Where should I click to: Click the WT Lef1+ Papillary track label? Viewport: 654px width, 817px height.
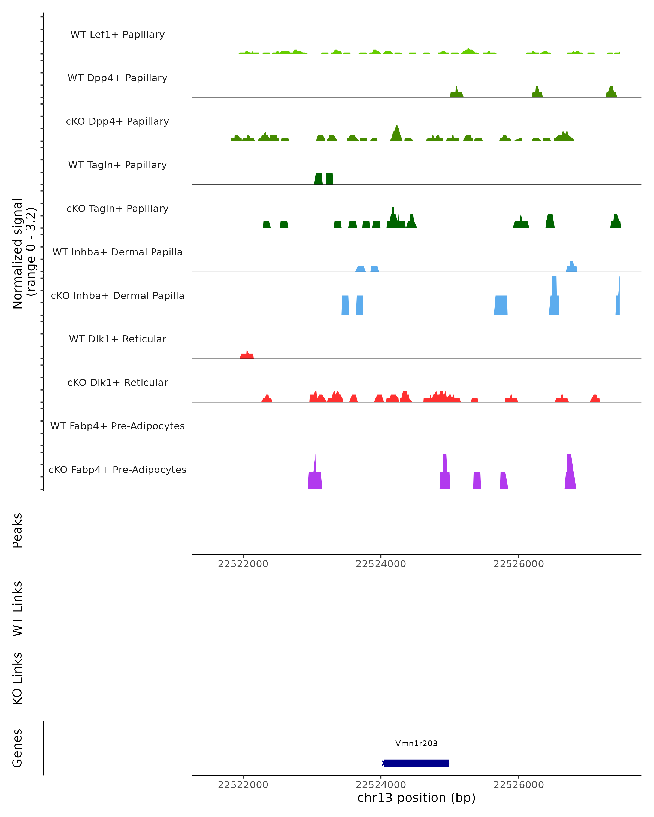pyautogui.click(x=117, y=35)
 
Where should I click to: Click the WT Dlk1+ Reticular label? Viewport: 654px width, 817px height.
pyautogui.click(x=117, y=339)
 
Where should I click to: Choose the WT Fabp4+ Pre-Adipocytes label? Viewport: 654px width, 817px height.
pyautogui.click(x=117, y=426)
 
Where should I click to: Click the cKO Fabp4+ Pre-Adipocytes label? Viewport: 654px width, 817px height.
pyautogui.click(x=117, y=470)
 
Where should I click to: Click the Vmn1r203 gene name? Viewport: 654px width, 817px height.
pyautogui.click(x=416, y=743)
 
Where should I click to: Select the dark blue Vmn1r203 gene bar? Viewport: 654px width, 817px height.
pyautogui.click(x=416, y=763)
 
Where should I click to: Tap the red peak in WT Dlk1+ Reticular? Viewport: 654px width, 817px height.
pyautogui.click(x=247, y=355)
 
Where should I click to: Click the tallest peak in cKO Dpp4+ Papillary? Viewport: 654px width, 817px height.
pyautogui.click(x=396, y=133)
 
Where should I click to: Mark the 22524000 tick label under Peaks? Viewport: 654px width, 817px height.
pyautogui.click(x=381, y=564)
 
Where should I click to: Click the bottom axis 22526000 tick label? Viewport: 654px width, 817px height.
pyautogui.click(x=518, y=785)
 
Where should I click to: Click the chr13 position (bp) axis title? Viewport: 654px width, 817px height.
pyautogui.click(x=416, y=798)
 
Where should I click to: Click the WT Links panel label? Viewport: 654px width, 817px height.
pyautogui.click(x=17, y=609)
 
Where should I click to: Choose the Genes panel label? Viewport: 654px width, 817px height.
pyautogui.click(x=17, y=748)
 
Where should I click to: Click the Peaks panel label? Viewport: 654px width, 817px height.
pyautogui.click(x=17, y=531)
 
